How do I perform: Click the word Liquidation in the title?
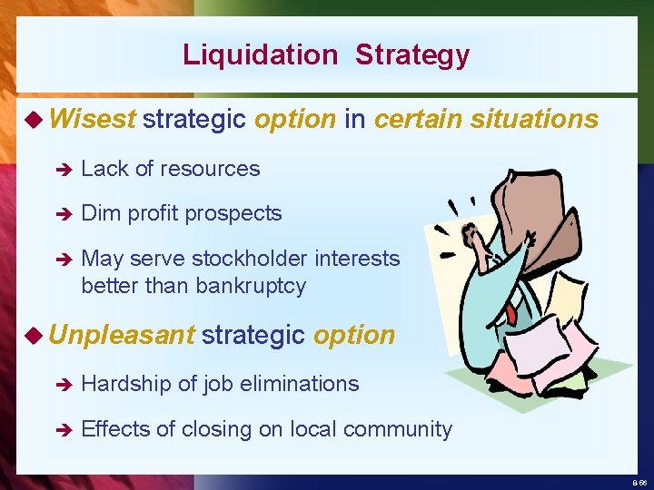[259, 54]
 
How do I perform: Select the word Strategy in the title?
[412, 55]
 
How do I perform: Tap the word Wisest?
[93, 119]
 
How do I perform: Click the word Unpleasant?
[122, 335]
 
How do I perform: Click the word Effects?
[114, 429]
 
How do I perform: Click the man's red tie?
[511, 314]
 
